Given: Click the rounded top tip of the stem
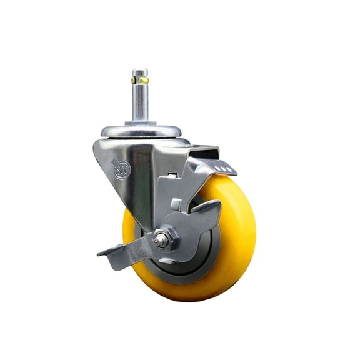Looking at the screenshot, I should (x=141, y=71).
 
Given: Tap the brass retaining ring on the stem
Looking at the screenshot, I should (x=141, y=81).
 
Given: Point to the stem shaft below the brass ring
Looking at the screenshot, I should (x=141, y=103).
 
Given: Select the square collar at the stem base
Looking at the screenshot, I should (x=141, y=121).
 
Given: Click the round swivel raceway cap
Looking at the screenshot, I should (x=141, y=131).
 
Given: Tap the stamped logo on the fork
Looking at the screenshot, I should (x=122, y=169).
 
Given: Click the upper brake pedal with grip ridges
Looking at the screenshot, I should (x=216, y=166).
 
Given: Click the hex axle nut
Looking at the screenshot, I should (x=165, y=239).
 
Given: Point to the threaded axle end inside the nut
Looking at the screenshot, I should (x=163, y=239).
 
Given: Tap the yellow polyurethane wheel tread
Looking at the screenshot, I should (x=237, y=250).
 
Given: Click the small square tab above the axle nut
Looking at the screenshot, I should (x=177, y=204).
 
